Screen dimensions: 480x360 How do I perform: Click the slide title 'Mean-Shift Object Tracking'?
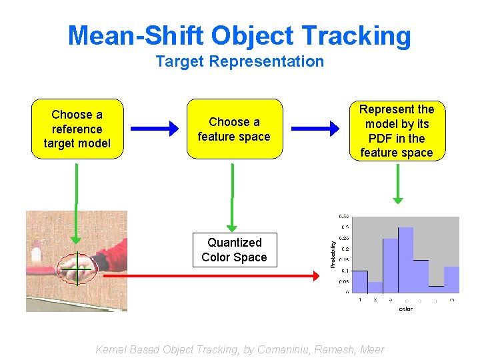(239, 35)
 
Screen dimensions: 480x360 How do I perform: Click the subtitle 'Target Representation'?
(239, 62)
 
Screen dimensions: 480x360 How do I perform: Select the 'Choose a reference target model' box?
(77, 129)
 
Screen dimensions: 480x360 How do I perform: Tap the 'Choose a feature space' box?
(234, 129)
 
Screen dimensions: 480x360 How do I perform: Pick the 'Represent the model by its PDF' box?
(397, 131)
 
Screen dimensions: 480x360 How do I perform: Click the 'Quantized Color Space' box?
(234, 250)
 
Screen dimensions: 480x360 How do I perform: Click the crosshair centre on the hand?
(77, 268)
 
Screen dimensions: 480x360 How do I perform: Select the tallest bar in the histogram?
(405, 260)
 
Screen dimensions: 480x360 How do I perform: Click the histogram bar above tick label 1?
(359, 281)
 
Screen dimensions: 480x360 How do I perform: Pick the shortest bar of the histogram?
(436, 289)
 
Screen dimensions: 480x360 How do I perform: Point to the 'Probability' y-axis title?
(333, 255)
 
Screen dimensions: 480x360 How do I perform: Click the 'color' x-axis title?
(405, 309)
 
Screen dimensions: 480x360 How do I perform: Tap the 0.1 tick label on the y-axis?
(344, 271)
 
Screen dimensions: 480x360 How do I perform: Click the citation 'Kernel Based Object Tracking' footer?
(240, 349)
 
